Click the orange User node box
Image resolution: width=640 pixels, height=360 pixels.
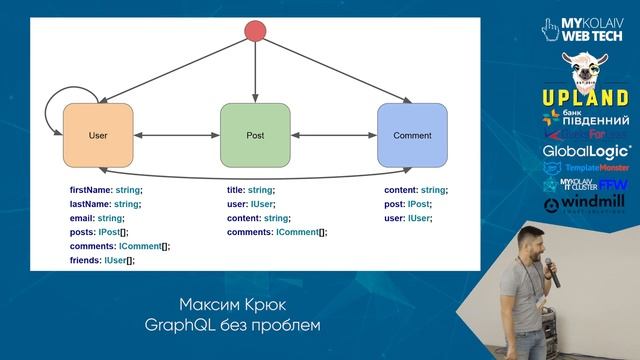[x=97, y=135]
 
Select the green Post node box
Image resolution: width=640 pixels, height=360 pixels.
[x=254, y=135]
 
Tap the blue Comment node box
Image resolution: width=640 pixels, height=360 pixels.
[x=411, y=135]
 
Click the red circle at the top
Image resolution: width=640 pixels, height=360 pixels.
[x=255, y=31]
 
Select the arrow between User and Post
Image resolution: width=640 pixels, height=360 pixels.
[x=176, y=135]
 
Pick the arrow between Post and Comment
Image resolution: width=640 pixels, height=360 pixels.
[x=333, y=135]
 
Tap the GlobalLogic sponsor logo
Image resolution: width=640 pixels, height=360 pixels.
[x=580, y=151]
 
